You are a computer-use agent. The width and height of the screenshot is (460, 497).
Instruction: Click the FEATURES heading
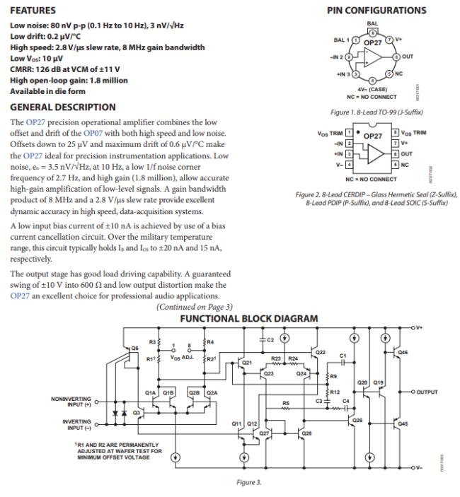[x=33, y=11]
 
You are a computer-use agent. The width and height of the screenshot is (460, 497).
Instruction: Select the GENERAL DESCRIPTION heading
[x=62, y=107]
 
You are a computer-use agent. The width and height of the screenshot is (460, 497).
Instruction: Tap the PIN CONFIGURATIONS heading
[x=376, y=11]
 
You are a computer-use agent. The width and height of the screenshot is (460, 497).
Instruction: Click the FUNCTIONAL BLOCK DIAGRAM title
[x=248, y=319]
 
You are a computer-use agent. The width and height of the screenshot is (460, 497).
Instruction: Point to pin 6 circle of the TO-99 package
[x=397, y=55]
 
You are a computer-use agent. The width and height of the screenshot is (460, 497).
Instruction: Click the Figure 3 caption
[x=248, y=482]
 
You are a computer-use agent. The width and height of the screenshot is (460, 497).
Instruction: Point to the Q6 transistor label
[x=134, y=348]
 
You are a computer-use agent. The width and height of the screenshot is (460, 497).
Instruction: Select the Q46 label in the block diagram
[x=403, y=351]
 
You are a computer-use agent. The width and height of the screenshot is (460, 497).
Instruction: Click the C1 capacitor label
[x=343, y=355]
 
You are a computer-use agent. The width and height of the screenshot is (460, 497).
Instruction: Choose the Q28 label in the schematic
[x=306, y=432]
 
